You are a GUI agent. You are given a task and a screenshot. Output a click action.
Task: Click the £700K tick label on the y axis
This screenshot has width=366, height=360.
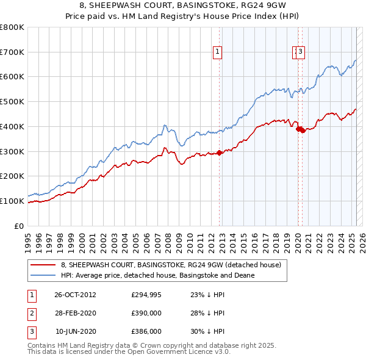(12, 52)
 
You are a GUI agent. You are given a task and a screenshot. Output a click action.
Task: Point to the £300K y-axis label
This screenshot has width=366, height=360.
(12, 151)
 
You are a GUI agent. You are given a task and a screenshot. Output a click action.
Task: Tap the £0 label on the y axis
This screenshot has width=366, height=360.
(20, 226)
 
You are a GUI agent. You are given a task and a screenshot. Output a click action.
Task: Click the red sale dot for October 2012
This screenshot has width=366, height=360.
(220, 153)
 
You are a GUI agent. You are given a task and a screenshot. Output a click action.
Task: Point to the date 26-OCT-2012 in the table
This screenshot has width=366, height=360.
(75, 295)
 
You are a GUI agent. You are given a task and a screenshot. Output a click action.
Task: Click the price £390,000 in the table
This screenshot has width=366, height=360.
(146, 313)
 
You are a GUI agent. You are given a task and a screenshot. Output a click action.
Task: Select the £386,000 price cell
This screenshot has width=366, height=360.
(146, 331)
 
